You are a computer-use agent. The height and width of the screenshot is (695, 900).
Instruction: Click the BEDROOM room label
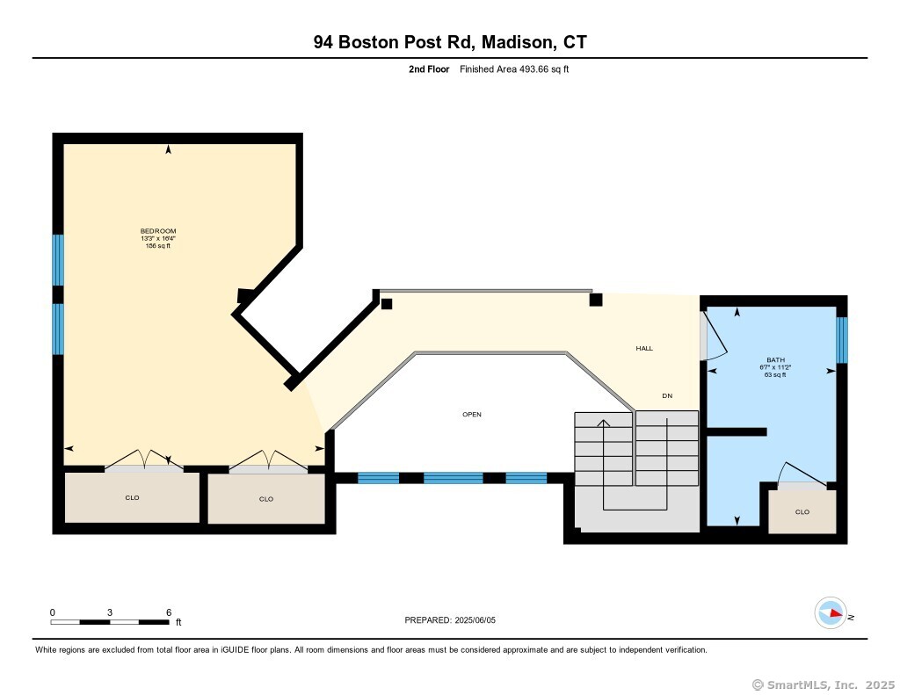(158, 231)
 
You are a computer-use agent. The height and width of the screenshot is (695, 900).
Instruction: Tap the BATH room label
(775, 360)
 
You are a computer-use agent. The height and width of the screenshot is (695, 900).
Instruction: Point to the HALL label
(644, 348)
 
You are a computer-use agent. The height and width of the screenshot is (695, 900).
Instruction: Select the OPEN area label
(472, 415)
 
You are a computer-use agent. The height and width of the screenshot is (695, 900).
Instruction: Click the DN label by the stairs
(667, 396)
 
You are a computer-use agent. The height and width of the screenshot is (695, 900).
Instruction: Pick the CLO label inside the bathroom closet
(802, 512)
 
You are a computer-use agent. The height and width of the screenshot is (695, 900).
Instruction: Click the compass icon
(831, 613)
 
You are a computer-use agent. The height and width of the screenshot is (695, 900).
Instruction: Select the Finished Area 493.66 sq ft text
(514, 69)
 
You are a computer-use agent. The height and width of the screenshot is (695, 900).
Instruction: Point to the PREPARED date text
(450, 619)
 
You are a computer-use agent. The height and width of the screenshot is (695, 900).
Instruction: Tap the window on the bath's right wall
(841, 340)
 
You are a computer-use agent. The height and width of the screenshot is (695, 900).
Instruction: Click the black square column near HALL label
(596, 300)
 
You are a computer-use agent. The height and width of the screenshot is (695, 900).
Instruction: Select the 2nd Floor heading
(429, 69)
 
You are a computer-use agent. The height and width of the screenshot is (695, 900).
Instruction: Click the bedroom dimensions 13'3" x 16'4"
(158, 239)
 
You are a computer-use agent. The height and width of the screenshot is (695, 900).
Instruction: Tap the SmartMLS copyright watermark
(823, 684)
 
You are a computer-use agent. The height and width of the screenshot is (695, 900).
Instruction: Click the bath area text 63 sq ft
(775, 375)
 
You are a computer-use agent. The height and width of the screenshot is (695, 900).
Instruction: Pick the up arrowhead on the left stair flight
(603, 424)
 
